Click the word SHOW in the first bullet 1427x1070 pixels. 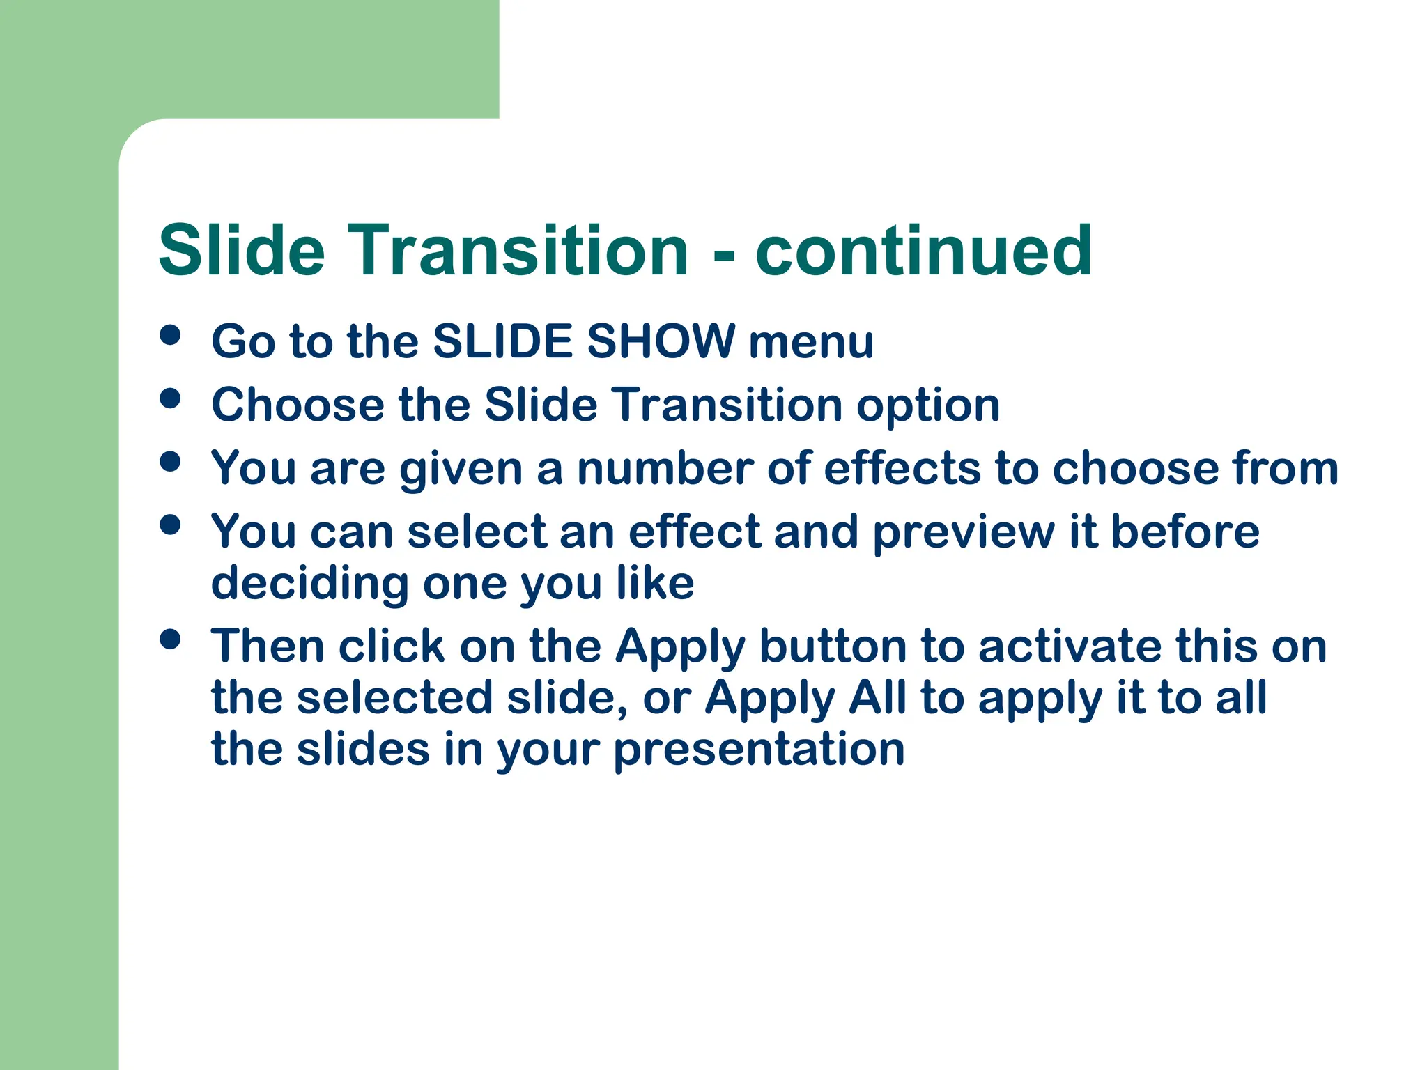[661, 341]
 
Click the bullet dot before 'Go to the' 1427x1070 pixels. [170, 335]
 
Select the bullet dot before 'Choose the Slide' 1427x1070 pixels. [170, 398]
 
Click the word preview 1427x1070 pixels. [964, 533]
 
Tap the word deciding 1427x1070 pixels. [309, 583]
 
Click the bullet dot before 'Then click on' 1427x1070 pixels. [170, 639]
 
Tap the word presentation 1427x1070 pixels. [759, 750]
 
